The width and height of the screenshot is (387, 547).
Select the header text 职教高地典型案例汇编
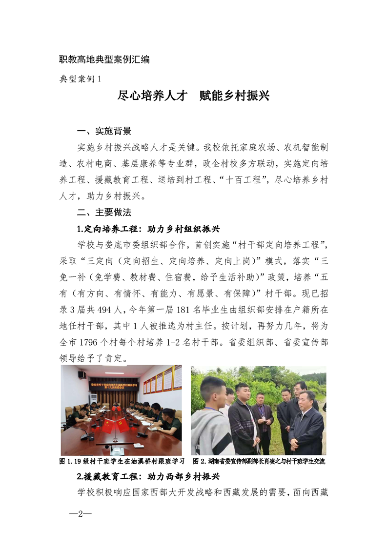pyautogui.click(x=104, y=60)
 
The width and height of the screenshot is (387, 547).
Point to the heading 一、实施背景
pyautogui.click(x=104, y=131)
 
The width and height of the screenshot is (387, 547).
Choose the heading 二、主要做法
pyautogui.click(x=104, y=213)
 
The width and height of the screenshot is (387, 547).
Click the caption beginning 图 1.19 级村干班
pyautogui.click(x=122, y=461)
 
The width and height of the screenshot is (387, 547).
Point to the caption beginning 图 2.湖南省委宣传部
pyautogui.click(x=259, y=461)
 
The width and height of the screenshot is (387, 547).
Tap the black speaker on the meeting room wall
pyautogui.click(x=82, y=374)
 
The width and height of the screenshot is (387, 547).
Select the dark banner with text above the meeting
pyautogui.click(x=113, y=387)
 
